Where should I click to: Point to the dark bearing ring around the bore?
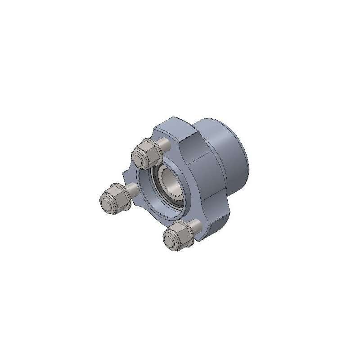pyautogui.click(x=157, y=189)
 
